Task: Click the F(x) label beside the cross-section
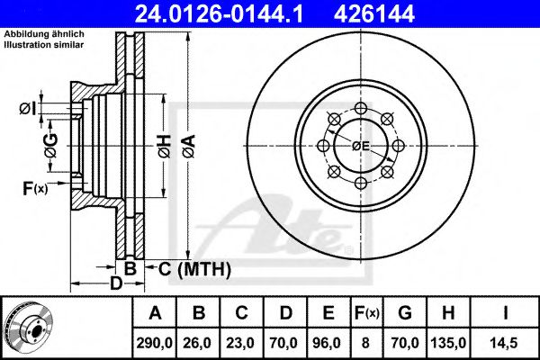[x=34, y=188]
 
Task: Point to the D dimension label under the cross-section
[x=115, y=285]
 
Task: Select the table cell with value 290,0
[x=156, y=341]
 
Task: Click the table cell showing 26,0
[x=199, y=341]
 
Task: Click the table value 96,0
[x=328, y=341]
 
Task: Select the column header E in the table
[x=328, y=313]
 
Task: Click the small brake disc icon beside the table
[x=29, y=327]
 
